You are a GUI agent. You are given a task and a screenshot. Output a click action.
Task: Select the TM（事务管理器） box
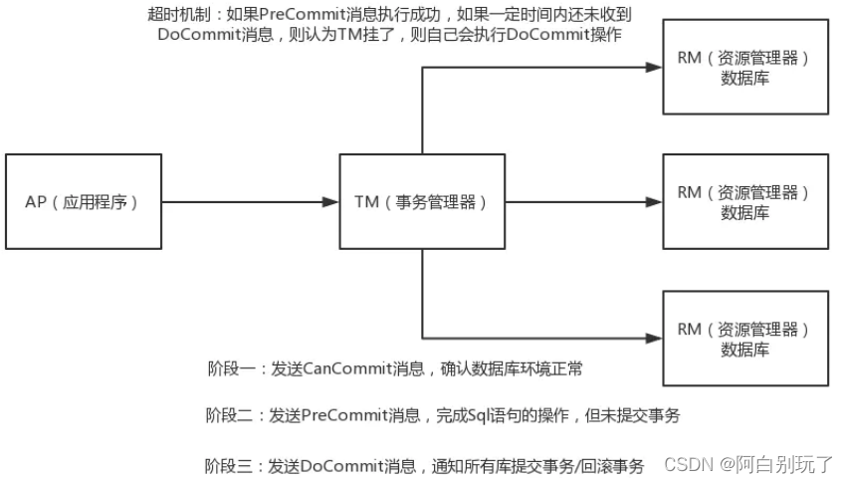(x=422, y=201)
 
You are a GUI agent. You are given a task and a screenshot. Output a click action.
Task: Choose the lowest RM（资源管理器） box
(x=744, y=338)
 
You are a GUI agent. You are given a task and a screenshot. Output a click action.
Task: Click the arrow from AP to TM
(x=249, y=201)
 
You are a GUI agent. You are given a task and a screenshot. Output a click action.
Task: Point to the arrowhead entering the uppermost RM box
(x=653, y=67)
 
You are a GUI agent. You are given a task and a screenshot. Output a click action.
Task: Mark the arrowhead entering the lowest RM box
(x=653, y=338)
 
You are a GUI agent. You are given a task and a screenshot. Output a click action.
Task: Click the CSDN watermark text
(x=686, y=465)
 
